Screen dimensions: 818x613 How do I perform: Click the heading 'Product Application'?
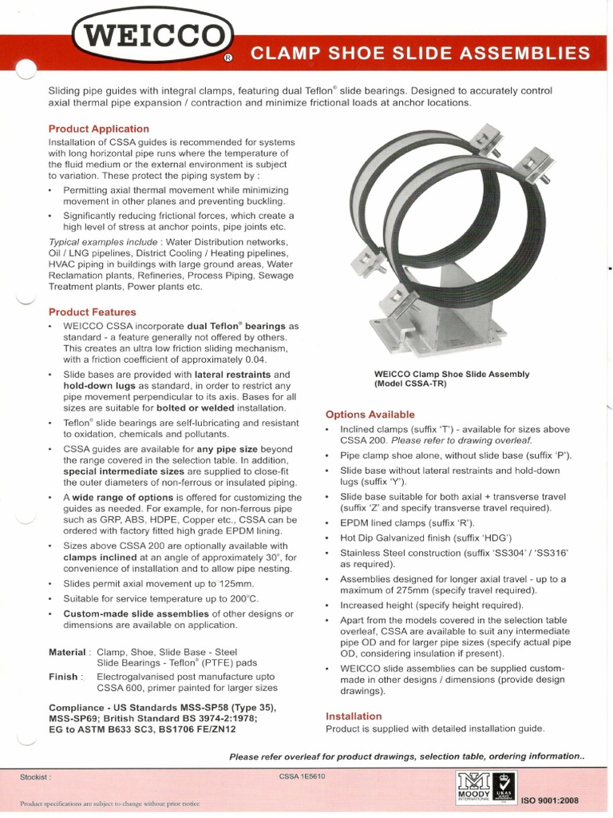pos(98,129)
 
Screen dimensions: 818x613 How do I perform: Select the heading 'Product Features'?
pos(92,312)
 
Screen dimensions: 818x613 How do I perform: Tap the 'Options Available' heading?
pos(370,415)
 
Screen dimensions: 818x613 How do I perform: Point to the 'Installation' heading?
pos(354,716)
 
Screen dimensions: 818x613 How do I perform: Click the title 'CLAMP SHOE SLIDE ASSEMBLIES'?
pos(421,54)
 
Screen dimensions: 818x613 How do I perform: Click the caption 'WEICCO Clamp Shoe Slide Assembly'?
pos(452,374)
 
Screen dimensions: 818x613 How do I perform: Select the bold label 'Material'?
pos(67,652)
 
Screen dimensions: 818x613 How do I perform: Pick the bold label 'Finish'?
pos(64,677)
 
